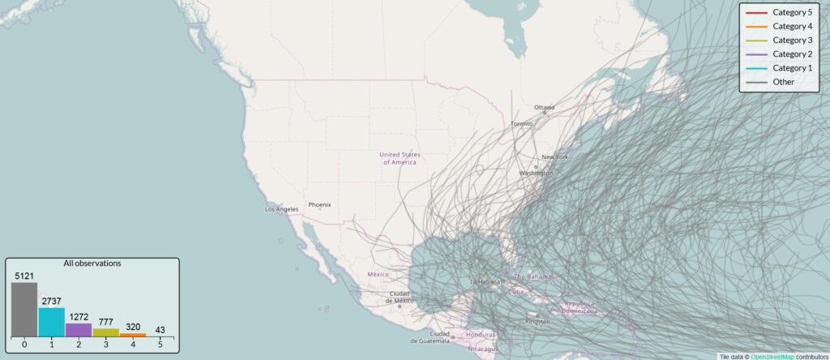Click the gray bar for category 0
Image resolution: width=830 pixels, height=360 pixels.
24,309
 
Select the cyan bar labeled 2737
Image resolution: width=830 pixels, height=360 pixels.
51,322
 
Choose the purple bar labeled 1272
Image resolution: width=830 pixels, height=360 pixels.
79,330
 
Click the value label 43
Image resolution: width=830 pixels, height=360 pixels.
159,328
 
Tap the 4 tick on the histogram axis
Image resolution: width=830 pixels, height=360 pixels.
132,345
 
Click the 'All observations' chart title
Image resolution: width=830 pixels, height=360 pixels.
92,264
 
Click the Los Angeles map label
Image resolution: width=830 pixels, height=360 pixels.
282,209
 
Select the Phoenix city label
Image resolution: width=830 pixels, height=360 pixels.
319,204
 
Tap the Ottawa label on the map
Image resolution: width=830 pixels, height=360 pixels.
545,107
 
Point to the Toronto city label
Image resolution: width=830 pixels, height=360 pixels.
521,123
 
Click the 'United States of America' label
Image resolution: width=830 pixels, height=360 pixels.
400,157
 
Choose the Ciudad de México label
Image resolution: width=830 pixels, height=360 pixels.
401,297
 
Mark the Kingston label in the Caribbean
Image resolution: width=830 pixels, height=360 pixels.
537,321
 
